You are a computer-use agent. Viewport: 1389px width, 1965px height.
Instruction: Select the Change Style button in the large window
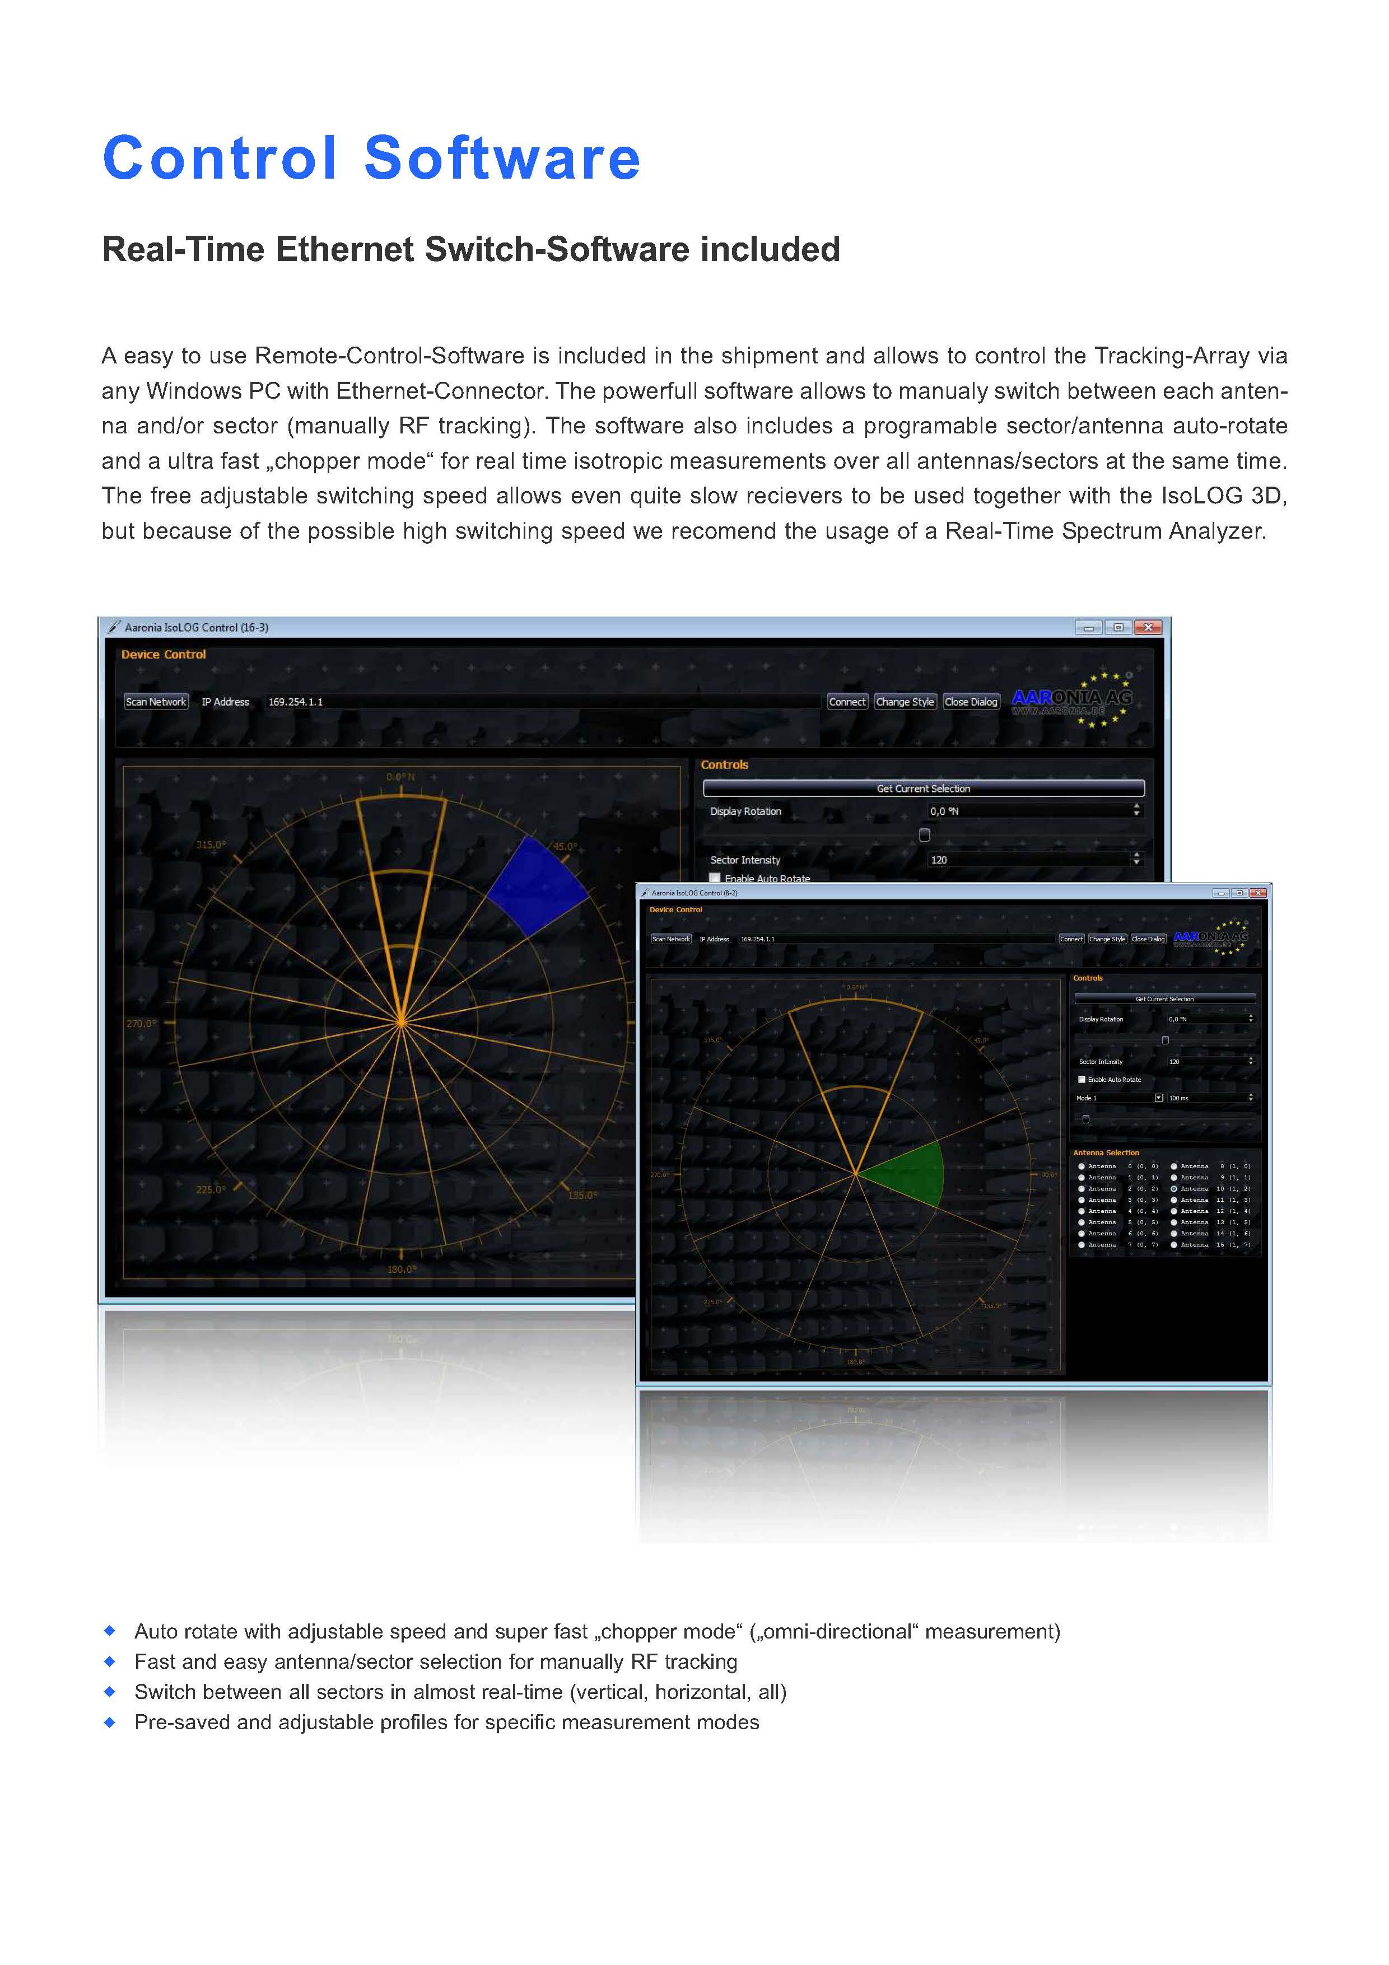pyautogui.click(x=905, y=702)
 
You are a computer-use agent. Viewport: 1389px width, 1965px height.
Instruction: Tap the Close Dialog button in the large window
pyautogui.click(x=971, y=702)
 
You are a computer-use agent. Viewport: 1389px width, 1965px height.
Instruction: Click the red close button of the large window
pyautogui.click(x=1148, y=627)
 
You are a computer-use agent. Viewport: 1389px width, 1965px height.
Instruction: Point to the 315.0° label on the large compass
pyautogui.click(x=211, y=844)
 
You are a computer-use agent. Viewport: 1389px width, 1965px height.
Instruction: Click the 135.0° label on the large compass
pyautogui.click(x=583, y=1195)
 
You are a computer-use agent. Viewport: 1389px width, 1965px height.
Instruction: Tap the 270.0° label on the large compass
pyautogui.click(x=141, y=1024)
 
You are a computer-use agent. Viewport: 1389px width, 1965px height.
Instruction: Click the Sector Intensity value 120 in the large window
pyautogui.click(x=939, y=860)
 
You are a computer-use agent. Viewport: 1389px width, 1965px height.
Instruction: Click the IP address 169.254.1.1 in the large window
pyautogui.click(x=296, y=702)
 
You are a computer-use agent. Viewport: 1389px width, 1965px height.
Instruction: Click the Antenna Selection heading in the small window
pyautogui.click(x=1106, y=1153)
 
